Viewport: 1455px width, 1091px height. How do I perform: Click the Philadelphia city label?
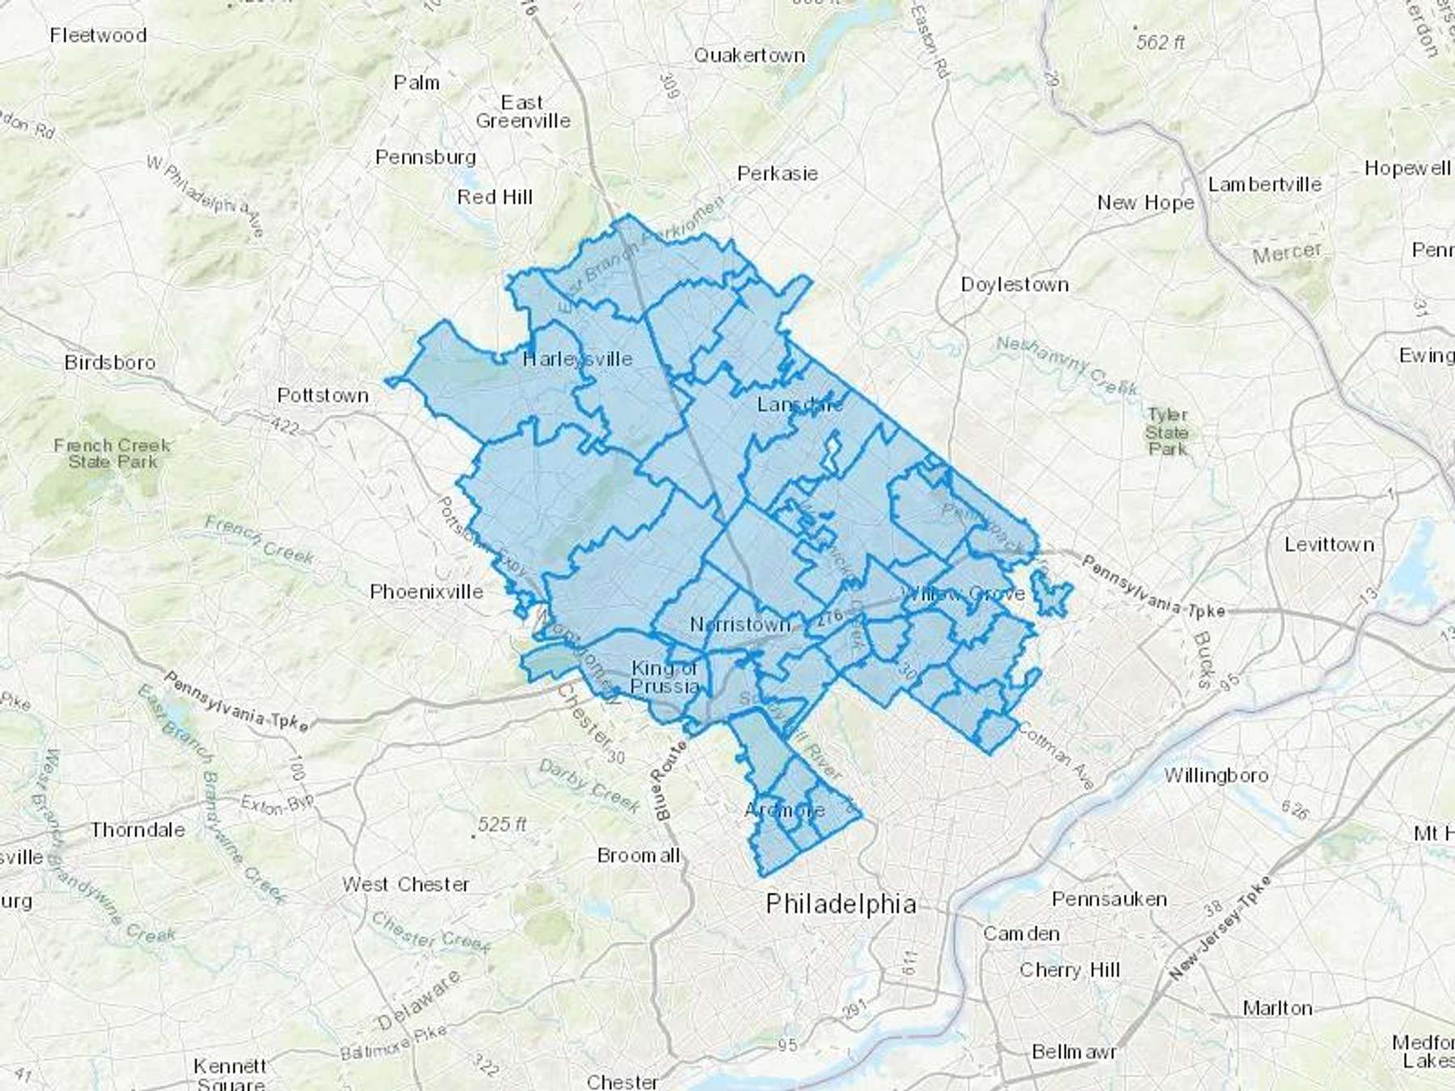(x=841, y=904)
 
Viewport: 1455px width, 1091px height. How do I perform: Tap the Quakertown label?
(x=749, y=56)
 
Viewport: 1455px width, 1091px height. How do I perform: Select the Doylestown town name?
(x=1014, y=284)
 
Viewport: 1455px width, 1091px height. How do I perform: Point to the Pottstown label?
(x=323, y=395)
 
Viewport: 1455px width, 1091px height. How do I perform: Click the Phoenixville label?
(x=426, y=592)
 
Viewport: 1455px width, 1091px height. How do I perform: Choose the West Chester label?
(x=405, y=884)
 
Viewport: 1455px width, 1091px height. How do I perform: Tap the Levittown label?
(x=1329, y=545)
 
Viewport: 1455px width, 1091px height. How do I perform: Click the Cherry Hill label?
(x=1069, y=969)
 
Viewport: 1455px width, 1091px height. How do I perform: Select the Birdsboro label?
(x=110, y=362)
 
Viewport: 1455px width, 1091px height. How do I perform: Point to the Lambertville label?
(x=1264, y=184)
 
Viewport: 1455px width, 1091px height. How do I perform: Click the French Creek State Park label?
(x=112, y=453)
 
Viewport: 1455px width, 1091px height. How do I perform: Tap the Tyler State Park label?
(x=1166, y=432)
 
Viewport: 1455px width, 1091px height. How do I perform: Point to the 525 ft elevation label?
(x=501, y=824)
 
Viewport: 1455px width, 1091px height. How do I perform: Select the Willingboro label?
(x=1216, y=776)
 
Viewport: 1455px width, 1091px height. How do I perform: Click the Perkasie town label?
(x=777, y=174)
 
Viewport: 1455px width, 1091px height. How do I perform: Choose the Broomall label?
(x=638, y=855)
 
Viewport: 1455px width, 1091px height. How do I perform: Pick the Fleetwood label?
(x=98, y=36)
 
